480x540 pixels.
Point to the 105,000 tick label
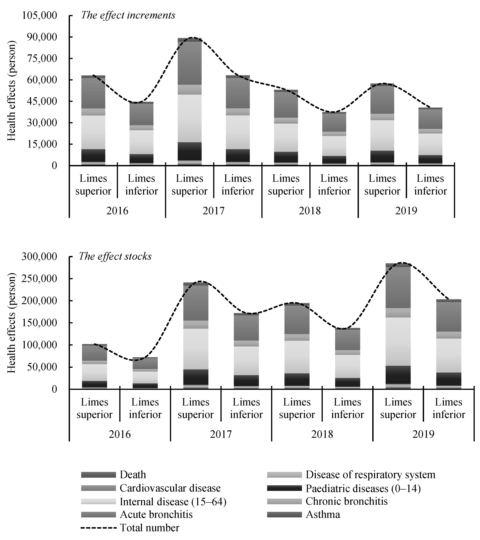[39, 16]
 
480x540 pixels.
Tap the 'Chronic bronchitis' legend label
[347, 501]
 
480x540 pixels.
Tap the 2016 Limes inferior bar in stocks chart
[145, 373]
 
